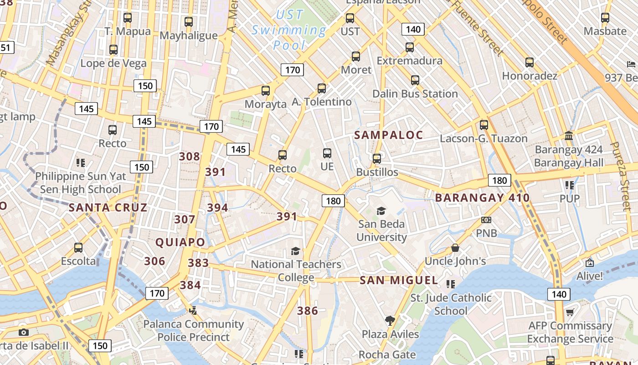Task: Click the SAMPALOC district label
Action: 389,135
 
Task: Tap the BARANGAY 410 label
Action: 482,198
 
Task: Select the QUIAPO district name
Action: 180,242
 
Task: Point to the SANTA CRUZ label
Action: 108,208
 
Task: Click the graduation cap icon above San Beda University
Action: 381,211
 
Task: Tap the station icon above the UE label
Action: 327,153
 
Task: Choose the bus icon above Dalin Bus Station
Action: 415,80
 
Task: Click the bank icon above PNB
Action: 486,220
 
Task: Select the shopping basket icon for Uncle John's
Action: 455,248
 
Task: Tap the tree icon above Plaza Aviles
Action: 390,321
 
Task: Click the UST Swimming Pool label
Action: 289,30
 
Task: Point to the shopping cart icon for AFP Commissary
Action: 570,313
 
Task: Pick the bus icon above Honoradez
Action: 529,62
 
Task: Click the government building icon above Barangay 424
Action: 568,136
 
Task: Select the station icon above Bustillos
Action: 376,159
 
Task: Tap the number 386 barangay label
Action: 307,311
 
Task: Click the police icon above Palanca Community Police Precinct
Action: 193,311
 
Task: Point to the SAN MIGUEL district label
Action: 399,280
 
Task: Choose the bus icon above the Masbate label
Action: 605,18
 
